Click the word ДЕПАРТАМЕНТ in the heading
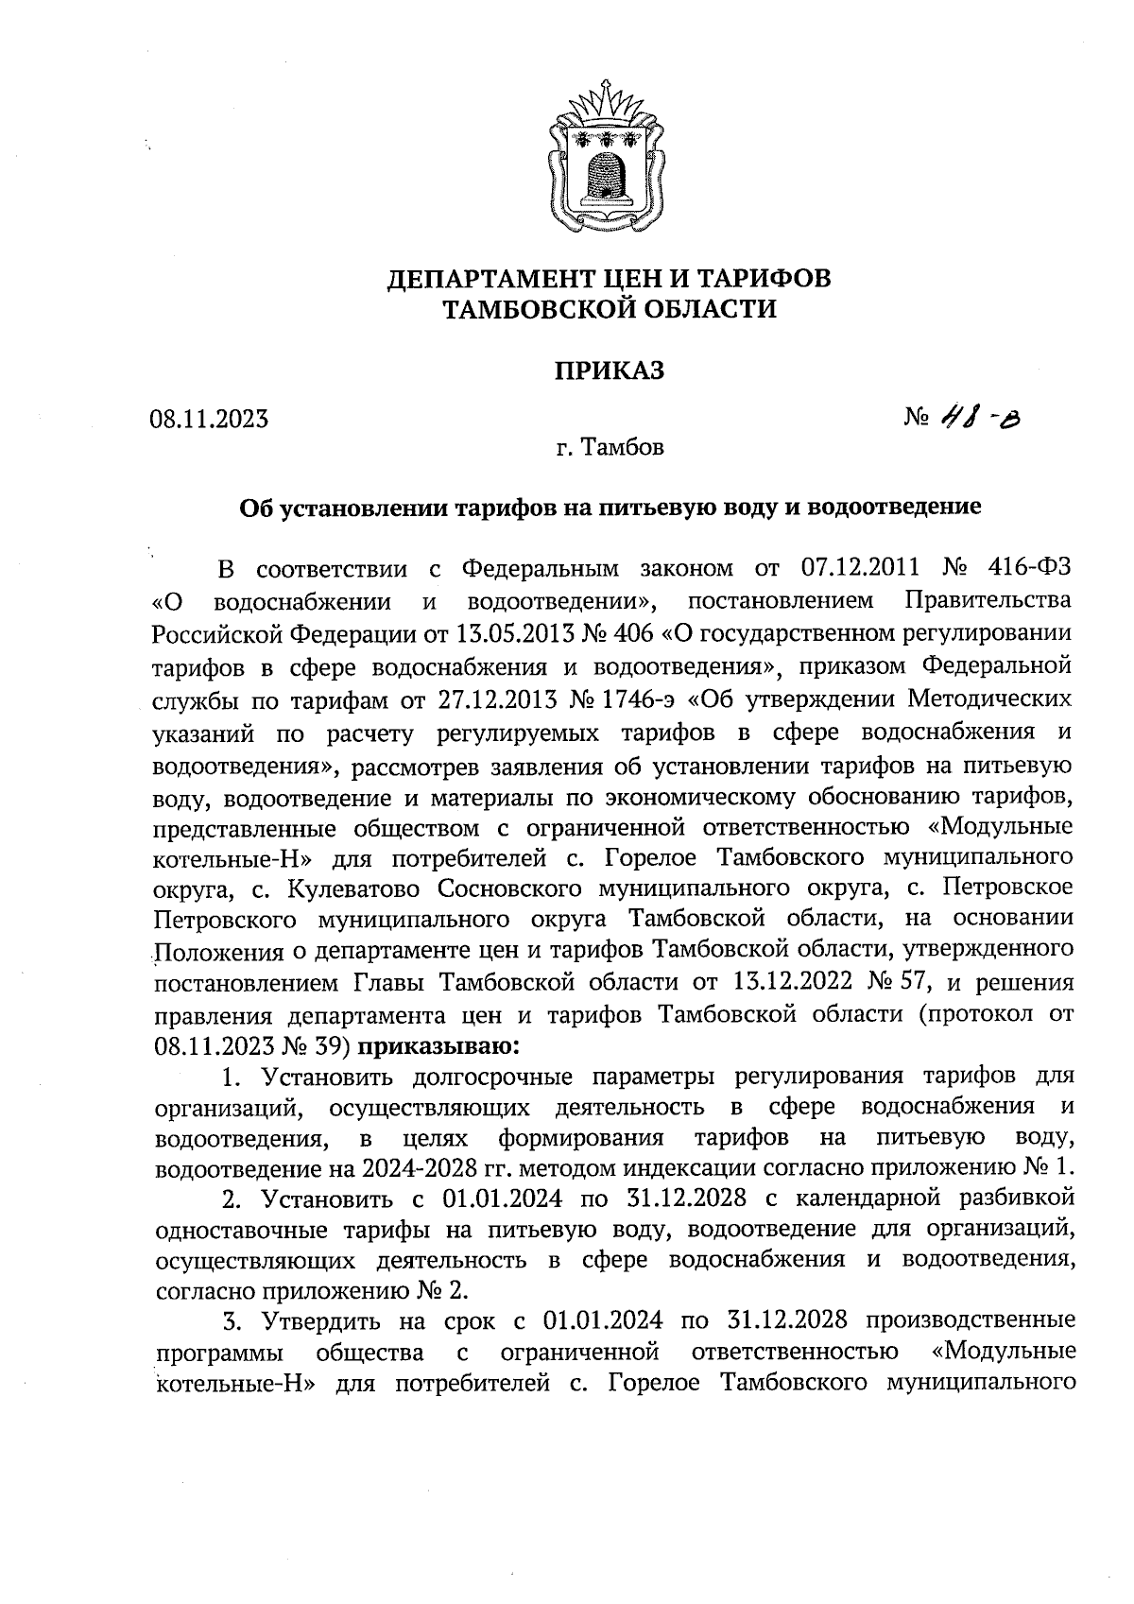(499, 279)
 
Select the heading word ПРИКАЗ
(610, 371)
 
